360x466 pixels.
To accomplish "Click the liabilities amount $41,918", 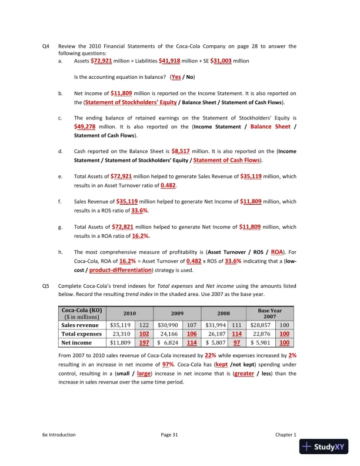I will point(171,60).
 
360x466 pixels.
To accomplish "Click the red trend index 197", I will point(144,343).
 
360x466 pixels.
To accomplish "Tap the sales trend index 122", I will point(144,324).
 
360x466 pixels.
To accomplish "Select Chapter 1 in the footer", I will point(286,435).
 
